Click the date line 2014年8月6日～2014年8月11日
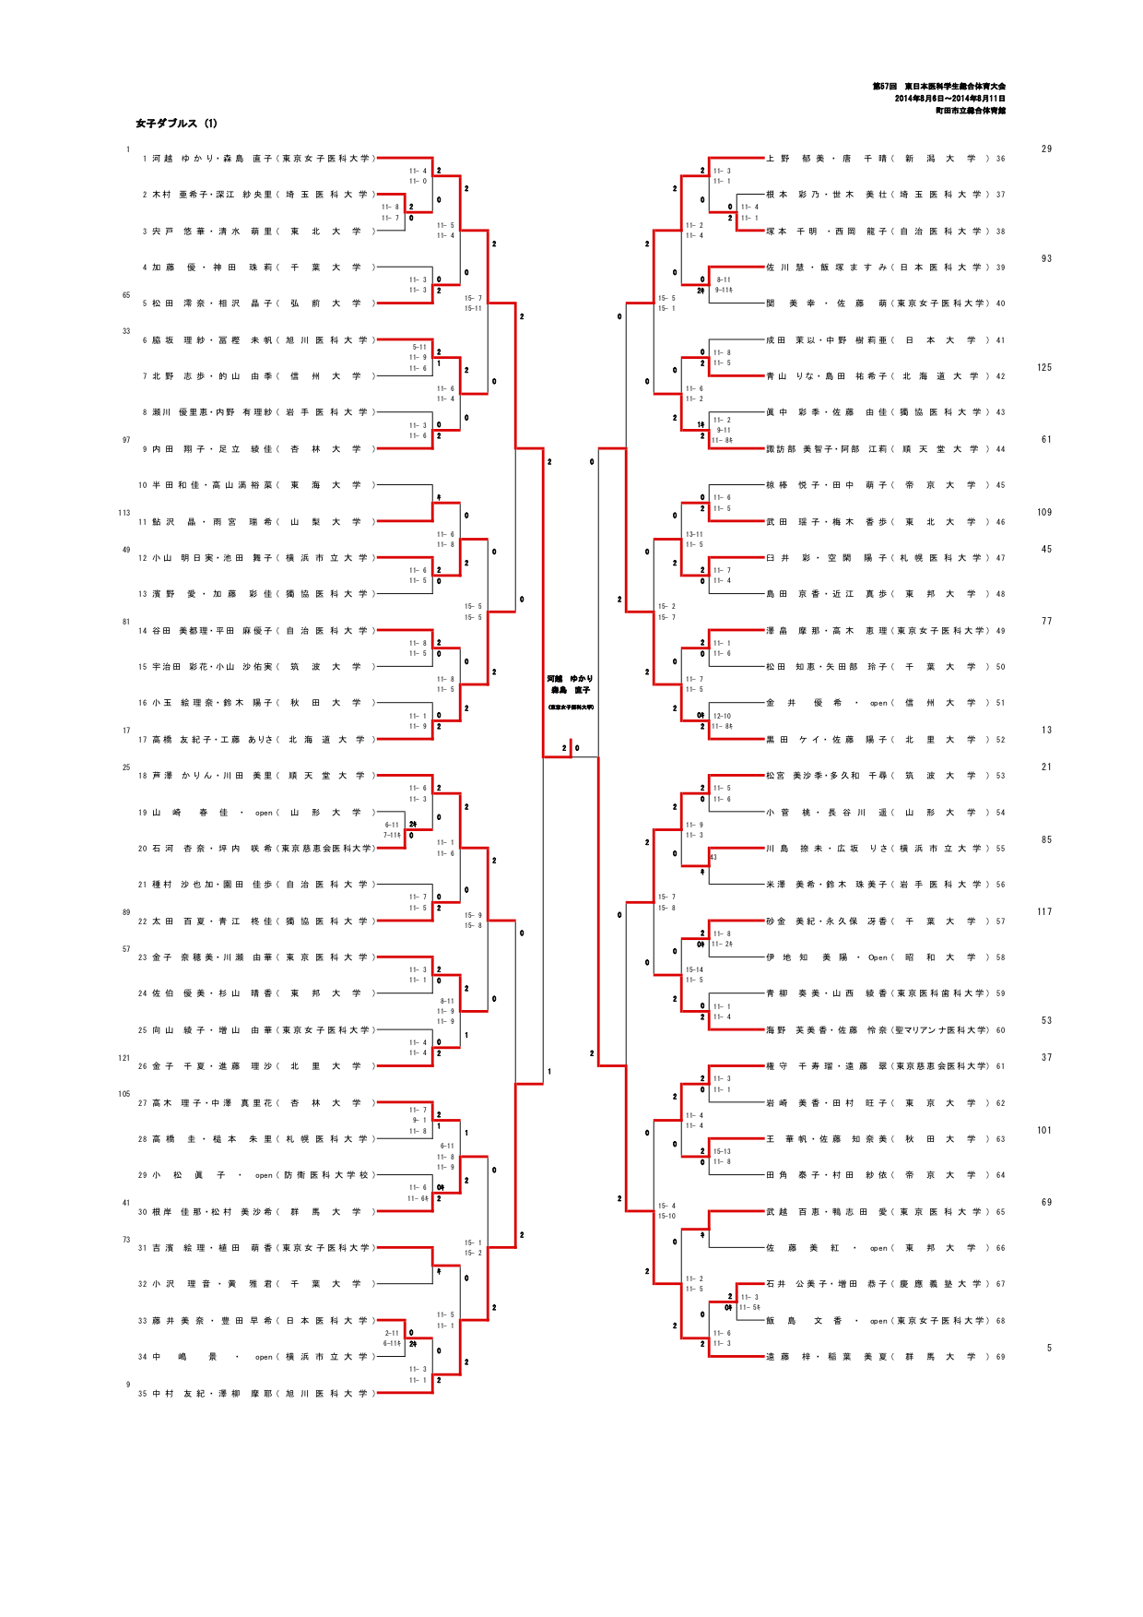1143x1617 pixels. point(949,99)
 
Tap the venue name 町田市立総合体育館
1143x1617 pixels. point(970,111)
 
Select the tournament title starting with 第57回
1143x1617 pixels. point(938,87)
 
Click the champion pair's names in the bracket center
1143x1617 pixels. point(571,684)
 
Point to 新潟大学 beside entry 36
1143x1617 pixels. point(941,159)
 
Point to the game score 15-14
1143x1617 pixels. point(694,969)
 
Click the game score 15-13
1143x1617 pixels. point(722,1151)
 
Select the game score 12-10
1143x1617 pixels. point(722,716)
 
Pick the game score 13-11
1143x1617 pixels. point(694,534)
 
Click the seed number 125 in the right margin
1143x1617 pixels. point(1043,367)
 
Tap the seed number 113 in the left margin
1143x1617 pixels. point(124,513)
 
